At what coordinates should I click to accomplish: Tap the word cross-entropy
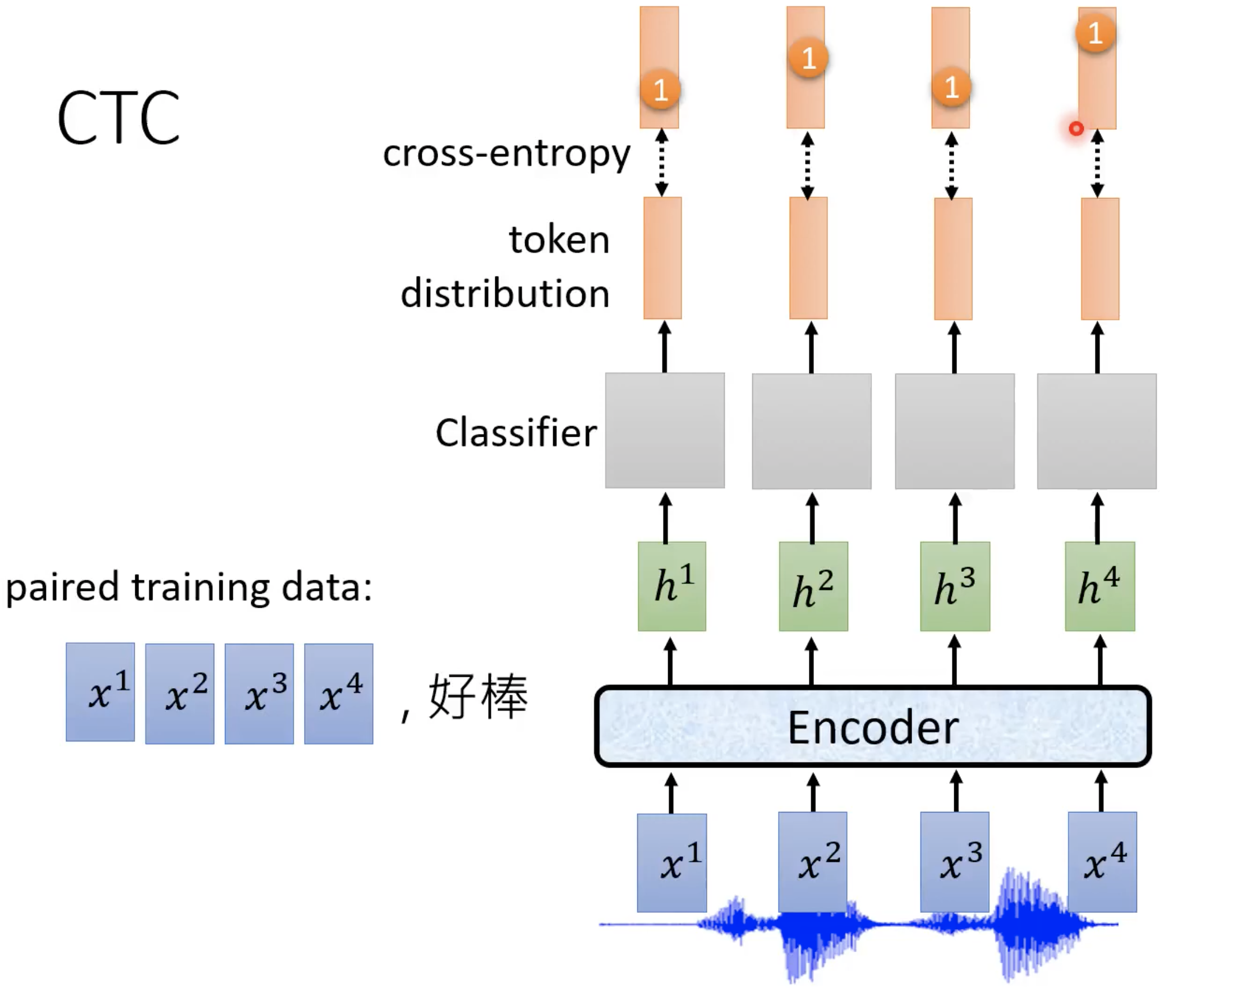(x=507, y=154)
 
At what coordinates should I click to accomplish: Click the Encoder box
(x=873, y=727)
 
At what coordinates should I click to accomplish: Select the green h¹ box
(x=672, y=586)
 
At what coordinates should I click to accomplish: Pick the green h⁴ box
(x=1099, y=586)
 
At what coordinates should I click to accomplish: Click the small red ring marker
(x=1076, y=128)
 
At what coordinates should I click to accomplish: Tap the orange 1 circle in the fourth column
(x=1095, y=33)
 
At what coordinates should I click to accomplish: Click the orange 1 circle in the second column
(x=808, y=57)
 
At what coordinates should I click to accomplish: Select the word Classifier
(x=516, y=432)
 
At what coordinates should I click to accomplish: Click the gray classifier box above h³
(x=954, y=431)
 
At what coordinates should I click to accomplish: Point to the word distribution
(x=505, y=293)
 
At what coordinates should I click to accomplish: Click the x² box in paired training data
(x=180, y=694)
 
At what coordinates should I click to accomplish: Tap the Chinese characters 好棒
(x=478, y=696)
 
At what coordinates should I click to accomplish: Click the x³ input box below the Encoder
(x=954, y=861)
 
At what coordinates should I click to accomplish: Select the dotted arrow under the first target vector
(x=661, y=163)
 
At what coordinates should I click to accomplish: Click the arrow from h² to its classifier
(x=812, y=518)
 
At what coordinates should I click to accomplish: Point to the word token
(x=559, y=239)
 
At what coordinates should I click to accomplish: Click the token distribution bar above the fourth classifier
(x=1099, y=258)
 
